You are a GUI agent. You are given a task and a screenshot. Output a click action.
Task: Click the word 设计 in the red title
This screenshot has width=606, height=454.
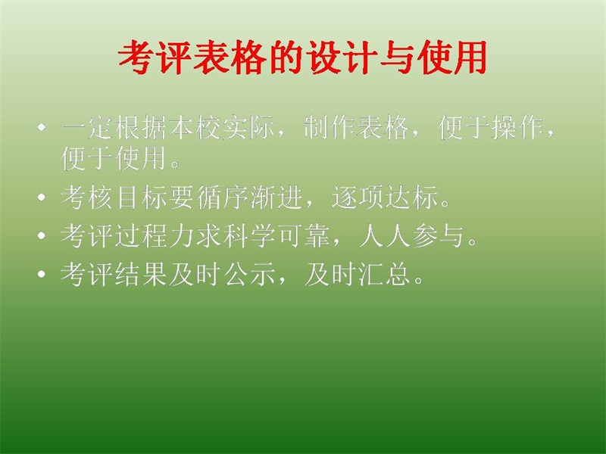coord(339,58)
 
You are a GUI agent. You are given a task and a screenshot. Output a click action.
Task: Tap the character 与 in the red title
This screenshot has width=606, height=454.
coord(395,58)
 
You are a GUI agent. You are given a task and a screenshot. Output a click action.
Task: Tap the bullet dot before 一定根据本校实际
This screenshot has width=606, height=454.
coord(42,127)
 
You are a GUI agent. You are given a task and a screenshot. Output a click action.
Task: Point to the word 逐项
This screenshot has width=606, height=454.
coord(358,197)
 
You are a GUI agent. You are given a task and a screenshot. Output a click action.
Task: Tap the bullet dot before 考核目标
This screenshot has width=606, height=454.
coord(42,197)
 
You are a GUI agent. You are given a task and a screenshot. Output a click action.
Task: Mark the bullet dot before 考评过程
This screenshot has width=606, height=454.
coord(42,235)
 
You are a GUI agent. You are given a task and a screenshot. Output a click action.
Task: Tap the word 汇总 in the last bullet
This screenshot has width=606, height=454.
coord(385,274)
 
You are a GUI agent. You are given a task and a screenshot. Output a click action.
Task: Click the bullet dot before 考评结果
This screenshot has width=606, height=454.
coord(42,274)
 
